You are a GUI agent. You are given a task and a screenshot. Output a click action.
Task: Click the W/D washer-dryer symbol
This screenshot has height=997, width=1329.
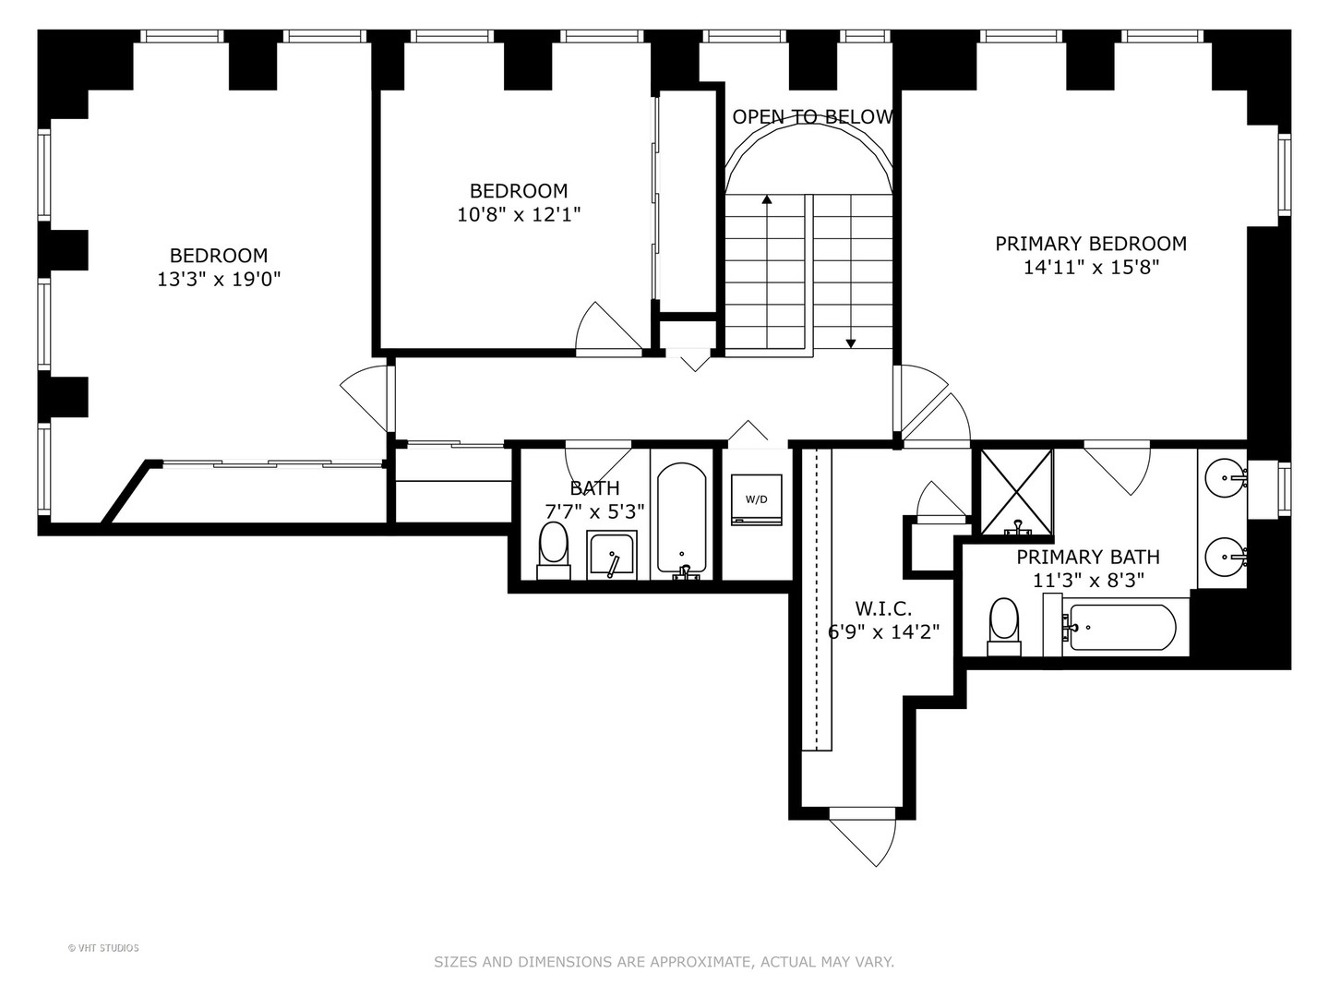[x=756, y=499]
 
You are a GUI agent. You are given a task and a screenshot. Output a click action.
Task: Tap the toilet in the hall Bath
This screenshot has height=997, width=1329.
[x=554, y=551]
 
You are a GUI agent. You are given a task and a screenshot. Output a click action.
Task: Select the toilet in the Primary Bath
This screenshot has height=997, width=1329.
[x=1004, y=627]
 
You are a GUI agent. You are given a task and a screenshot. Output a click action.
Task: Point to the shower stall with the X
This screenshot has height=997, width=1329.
[x=1016, y=491]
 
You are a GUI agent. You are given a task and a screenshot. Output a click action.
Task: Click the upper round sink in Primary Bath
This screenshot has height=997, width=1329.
[x=1225, y=477]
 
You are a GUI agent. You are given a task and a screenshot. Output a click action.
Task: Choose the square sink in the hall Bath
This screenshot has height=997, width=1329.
[x=612, y=555]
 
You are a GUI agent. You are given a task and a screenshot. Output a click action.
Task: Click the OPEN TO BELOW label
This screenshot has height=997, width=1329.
[x=812, y=117]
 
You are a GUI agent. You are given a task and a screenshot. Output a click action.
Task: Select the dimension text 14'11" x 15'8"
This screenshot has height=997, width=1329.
[x=1091, y=267]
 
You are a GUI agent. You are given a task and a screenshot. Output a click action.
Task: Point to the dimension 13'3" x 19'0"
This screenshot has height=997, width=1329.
[x=219, y=279]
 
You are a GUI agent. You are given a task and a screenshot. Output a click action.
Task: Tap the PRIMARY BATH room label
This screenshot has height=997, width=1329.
[x=1088, y=557]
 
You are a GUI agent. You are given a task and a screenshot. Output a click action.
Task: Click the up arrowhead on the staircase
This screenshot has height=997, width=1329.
[x=767, y=198]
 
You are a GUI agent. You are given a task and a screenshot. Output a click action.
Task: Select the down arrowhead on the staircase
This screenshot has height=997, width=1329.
[x=851, y=343]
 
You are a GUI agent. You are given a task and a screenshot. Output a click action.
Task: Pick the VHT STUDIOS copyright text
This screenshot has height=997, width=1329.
[x=103, y=948]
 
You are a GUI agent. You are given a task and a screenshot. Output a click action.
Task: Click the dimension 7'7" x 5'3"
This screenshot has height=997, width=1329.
[x=594, y=512]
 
